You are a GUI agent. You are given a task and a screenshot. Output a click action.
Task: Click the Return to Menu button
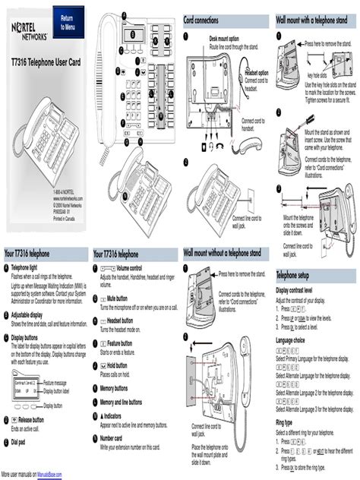click(68, 22)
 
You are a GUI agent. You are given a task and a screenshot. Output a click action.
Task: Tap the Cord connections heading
click(209, 21)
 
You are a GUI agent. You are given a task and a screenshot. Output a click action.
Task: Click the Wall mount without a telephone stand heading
click(222, 251)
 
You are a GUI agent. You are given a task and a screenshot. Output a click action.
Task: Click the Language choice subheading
click(294, 341)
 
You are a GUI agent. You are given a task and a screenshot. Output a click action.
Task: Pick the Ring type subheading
click(285, 422)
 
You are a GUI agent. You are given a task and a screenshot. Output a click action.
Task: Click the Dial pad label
click(20, 441)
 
